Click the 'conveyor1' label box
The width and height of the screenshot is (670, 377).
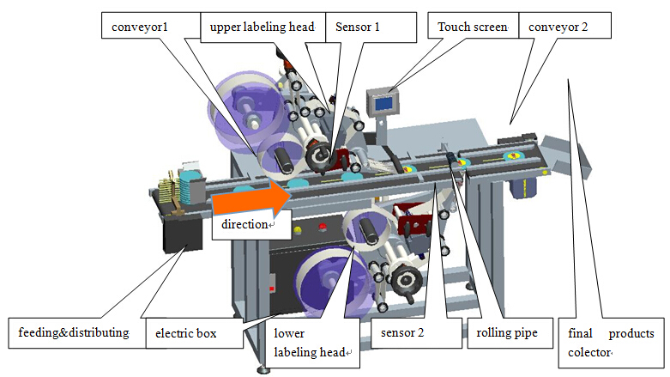point(140,26)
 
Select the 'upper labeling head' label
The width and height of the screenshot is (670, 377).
point(262,26)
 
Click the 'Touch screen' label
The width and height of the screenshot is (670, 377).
point(473,26)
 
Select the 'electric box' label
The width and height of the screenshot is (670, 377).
point(191,332)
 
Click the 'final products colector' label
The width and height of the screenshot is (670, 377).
point(611,341)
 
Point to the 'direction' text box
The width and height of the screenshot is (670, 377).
point(248,224)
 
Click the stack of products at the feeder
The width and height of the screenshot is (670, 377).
point(177,188)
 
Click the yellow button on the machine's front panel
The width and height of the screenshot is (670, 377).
point(297,230)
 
